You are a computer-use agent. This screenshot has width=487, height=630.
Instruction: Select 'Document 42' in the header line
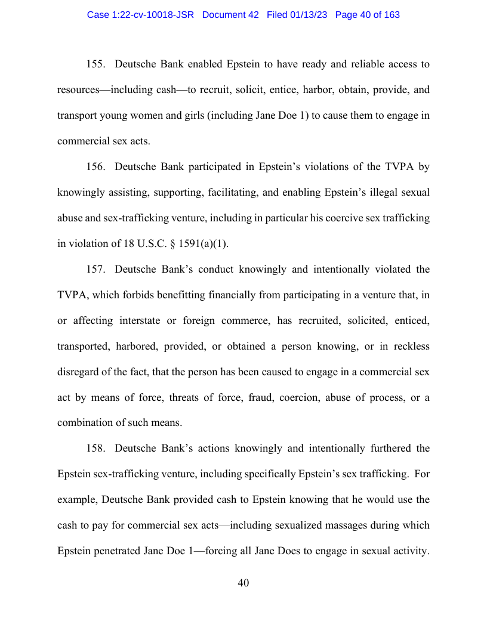pos(230,15)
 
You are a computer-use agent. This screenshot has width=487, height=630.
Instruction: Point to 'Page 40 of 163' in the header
pos(368,15)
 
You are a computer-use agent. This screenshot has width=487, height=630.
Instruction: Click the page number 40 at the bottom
pos(243,583)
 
